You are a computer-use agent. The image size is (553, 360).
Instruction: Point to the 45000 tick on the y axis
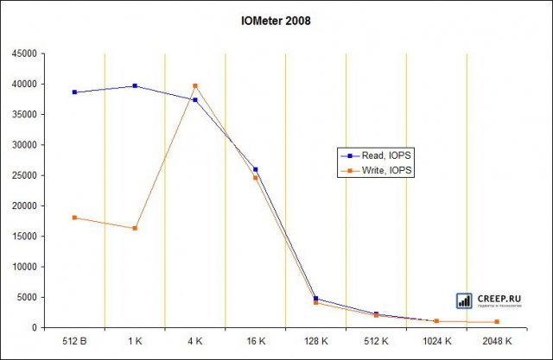click(24, 54)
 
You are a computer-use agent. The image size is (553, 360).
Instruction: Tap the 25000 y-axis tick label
click(24, 175)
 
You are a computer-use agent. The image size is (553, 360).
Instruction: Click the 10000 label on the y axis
click(24, 267)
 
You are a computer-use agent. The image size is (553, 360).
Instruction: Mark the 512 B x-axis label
click(74, 342)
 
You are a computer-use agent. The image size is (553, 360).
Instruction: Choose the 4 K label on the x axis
click(195, 342)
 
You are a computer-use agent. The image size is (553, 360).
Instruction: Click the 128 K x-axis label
click(316, 342)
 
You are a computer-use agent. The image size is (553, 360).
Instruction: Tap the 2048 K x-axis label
click(497, 342)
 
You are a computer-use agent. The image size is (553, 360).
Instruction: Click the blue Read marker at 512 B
click(74, 92)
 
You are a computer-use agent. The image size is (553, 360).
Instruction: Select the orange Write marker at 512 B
click(74, 218)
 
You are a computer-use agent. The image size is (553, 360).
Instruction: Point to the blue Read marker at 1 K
click(135, 85)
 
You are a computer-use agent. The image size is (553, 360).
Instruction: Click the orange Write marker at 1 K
click(135, 228)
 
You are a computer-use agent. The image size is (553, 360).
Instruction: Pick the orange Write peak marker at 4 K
click(195, 85)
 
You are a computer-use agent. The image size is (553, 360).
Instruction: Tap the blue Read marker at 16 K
click(256, 169)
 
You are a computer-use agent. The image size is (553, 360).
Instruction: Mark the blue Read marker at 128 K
click(316, 299)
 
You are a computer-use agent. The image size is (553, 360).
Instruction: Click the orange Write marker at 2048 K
click(497, 322)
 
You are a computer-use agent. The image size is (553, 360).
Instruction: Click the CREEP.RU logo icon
click(464, 300)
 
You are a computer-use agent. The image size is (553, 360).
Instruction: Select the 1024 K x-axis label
click(436, 342)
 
